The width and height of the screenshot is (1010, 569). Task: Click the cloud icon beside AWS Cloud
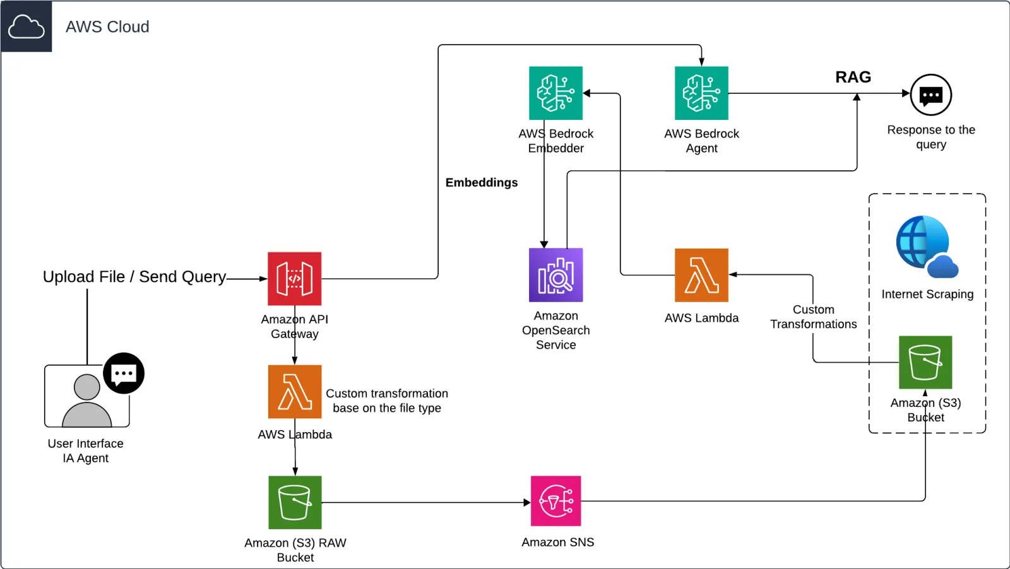(26, 26)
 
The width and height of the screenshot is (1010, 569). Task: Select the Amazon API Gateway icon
(294, 279)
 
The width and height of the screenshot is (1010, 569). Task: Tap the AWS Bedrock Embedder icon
(556, 93)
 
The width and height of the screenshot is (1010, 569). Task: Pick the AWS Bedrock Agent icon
(701, 93)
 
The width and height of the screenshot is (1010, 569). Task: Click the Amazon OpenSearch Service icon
(556, 275)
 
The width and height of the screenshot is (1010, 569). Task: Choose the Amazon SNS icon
(556, 501)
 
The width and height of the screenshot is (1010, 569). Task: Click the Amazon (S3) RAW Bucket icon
(295, 502)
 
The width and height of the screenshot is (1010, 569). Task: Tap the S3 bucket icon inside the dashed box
(925, 362)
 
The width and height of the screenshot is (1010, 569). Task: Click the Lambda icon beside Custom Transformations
(701, 275)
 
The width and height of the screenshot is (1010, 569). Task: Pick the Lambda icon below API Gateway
(295, 392)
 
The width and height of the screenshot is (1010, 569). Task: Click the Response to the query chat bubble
(931, 95)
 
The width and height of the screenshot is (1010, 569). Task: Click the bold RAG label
(853, 77)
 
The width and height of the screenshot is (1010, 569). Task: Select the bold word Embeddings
(482, 182)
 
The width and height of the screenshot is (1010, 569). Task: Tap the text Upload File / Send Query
(134, 277)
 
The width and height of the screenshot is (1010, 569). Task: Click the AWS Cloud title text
(107, 26)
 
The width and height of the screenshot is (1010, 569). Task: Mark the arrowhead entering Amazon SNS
(527, 502)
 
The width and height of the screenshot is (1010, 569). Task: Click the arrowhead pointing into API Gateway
(264, 279)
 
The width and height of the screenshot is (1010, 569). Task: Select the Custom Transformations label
(814, 317)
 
